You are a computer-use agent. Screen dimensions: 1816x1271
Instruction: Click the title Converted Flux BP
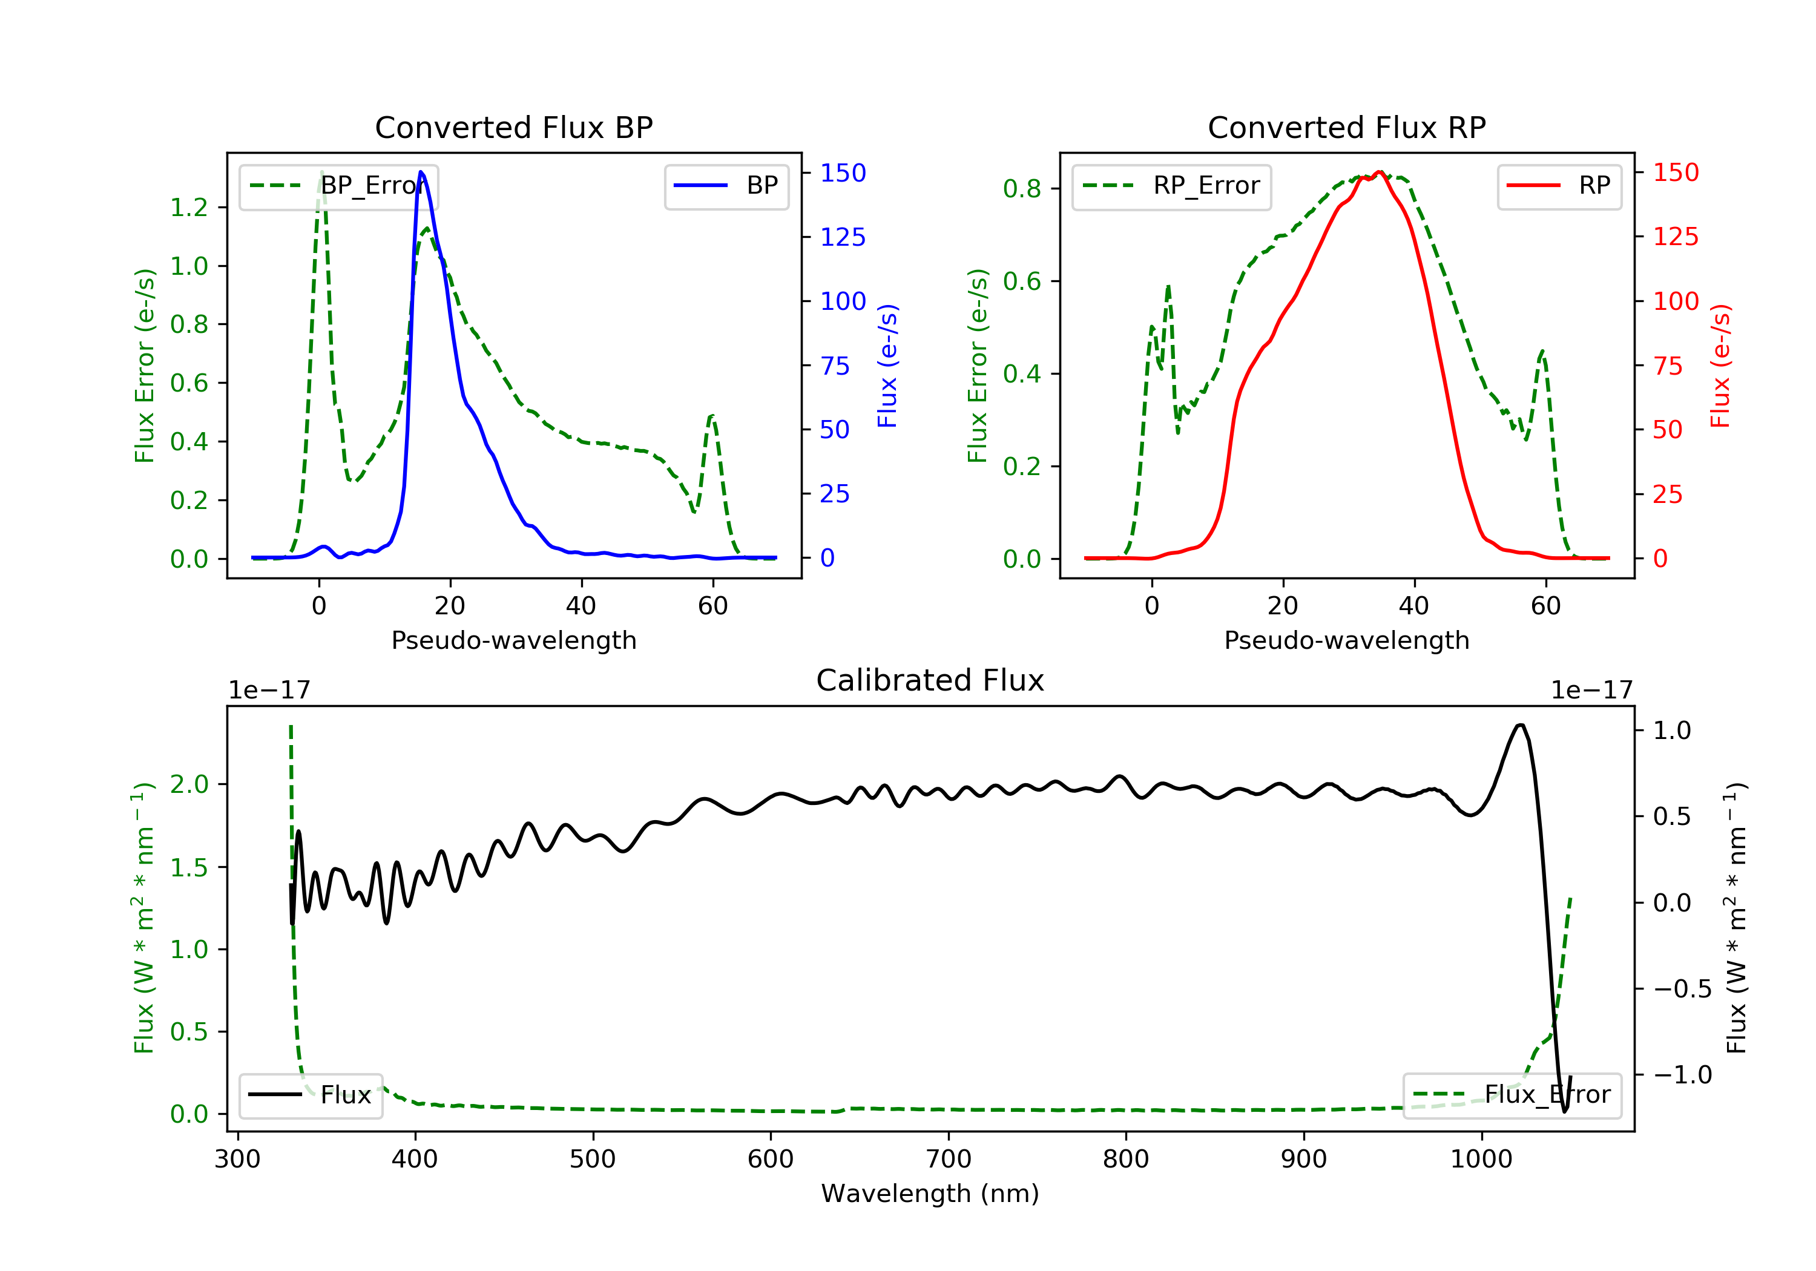pyautogui.click(x=513, y=127)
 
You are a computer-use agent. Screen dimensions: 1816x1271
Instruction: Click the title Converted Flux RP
pyautogui.click(x=1346, y=127)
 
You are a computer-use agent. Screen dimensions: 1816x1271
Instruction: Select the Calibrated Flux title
pyautogui.click(x=930, y=680)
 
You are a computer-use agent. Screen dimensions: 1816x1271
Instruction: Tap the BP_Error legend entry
pyautogui.click(x=338, y=186)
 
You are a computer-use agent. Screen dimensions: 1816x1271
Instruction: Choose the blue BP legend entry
pyautogui.click(x=726, y=186)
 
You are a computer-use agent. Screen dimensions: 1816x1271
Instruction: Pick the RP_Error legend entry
pyautogui.click(x=1171, y=186)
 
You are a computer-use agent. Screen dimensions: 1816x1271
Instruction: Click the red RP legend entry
pyautogui.click(x=1559, y=186)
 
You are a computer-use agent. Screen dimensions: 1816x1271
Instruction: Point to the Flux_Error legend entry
pyautogui.click(x=1512, y=1095)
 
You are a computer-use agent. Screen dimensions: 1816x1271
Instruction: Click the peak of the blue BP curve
pyautogui.click(x=421, y=172)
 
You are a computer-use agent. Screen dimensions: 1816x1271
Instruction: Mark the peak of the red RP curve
pyautogui.click(x=1378, y=172)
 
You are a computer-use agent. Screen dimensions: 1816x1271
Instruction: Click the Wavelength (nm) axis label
pyautogui.click(x=930, y=1194)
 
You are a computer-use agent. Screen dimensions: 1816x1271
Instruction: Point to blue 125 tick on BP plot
pyautogui.click(x=843, y=237)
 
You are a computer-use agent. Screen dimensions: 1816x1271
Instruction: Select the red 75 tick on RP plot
pyautogui.click(x=1668, y=366)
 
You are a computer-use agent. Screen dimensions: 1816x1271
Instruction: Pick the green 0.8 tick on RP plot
pyautogui.click(x=1022, y=189)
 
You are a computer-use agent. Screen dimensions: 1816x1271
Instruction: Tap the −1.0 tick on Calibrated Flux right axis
pyautogui.click(x=1682, y=1075)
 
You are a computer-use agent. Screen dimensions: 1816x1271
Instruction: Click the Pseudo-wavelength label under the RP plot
pyautogui.click(x=1346, y=640)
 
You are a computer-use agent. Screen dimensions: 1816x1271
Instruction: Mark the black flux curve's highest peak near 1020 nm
pyautogui.click(x=1519, y=724)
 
